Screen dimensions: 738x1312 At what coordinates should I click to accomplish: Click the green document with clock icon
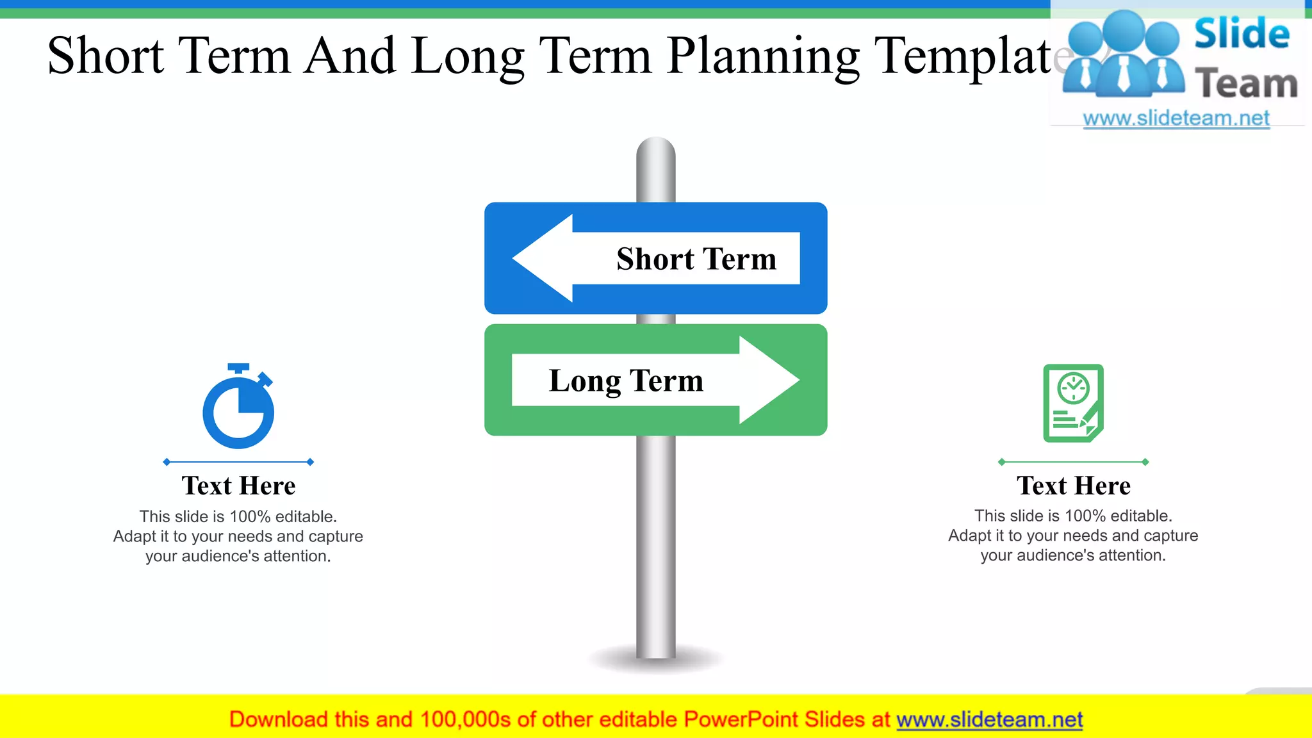[1073, 404]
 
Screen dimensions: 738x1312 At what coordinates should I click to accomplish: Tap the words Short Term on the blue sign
[696, 259]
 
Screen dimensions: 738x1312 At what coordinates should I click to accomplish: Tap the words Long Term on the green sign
[626, 381]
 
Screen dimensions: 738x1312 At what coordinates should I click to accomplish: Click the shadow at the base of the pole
[655, 662]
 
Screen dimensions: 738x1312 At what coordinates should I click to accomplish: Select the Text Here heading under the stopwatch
[238, 486]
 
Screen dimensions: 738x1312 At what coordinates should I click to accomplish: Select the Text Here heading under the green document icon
[1073, 486]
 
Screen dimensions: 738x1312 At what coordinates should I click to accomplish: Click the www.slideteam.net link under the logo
[1176, 119]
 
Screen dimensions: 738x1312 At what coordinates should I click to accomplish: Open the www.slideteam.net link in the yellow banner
[989, 719]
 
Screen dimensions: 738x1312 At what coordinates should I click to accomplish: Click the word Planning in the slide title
[762, 56]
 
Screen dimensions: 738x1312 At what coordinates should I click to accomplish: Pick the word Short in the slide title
[106, 56]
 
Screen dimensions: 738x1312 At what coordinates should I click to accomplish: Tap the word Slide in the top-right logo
[1242, 33]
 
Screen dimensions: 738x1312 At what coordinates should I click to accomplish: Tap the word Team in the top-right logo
[1246, 84]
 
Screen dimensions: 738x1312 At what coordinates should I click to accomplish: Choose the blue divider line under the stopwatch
[238, 462]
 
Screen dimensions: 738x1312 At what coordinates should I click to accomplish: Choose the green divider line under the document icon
[1073, 462]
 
